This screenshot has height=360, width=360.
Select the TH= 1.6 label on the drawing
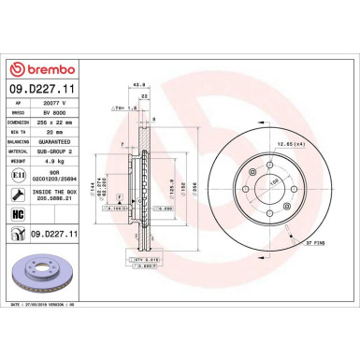pos(122,108)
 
